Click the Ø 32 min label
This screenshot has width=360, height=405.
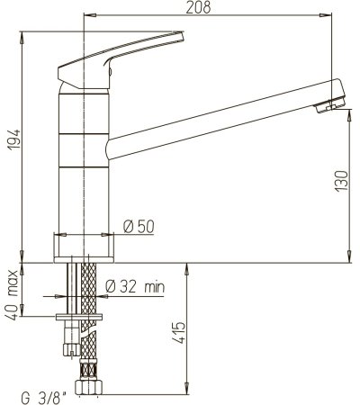point(135,287)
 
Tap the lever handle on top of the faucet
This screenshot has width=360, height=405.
point(121,50)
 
